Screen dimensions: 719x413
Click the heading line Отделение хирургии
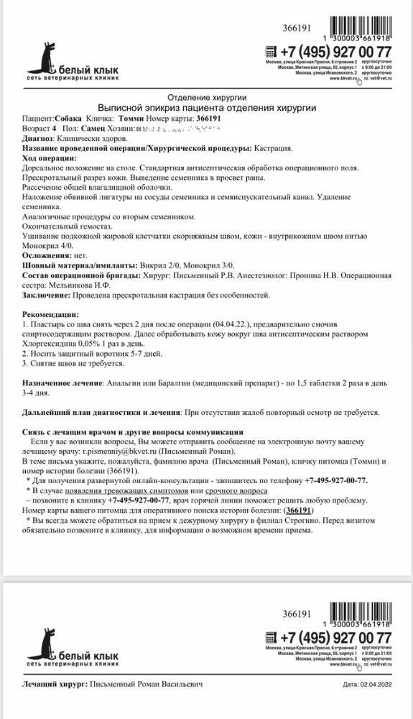pos(207,96)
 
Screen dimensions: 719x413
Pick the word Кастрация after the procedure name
pos(274,147)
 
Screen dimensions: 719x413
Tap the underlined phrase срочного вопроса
pos(238,490)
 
